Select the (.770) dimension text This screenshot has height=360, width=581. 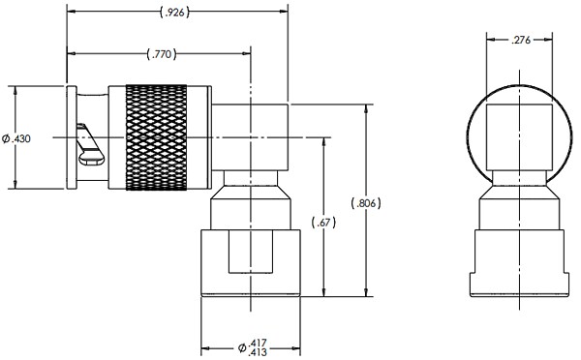click(x=158, y=53)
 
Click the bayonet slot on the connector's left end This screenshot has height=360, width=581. click(x=89, y=145)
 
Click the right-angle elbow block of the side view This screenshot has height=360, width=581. click(x=250, y=136)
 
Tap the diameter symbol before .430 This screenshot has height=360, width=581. click(x=6, y=139)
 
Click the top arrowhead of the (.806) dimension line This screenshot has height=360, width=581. click(x=366, y=105)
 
